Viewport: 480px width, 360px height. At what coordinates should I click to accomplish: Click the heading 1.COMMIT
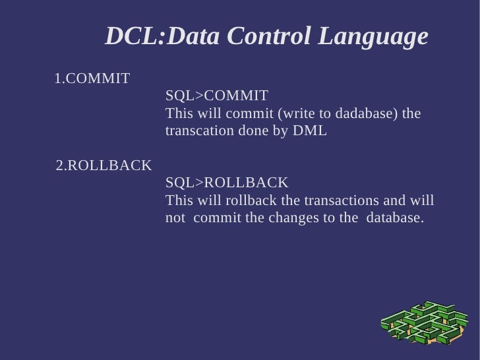[x=92, y=79]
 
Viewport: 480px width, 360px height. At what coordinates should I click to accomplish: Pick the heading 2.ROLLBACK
[x=104, y=165]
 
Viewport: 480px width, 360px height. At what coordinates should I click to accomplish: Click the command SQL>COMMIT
[x=217, y=96]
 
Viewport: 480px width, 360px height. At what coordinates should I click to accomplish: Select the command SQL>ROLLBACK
[x=227, y=183]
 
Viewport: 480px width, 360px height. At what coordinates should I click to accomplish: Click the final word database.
[x=395, y=218]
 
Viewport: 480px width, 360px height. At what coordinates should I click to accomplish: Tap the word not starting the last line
[x=175, y=218]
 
